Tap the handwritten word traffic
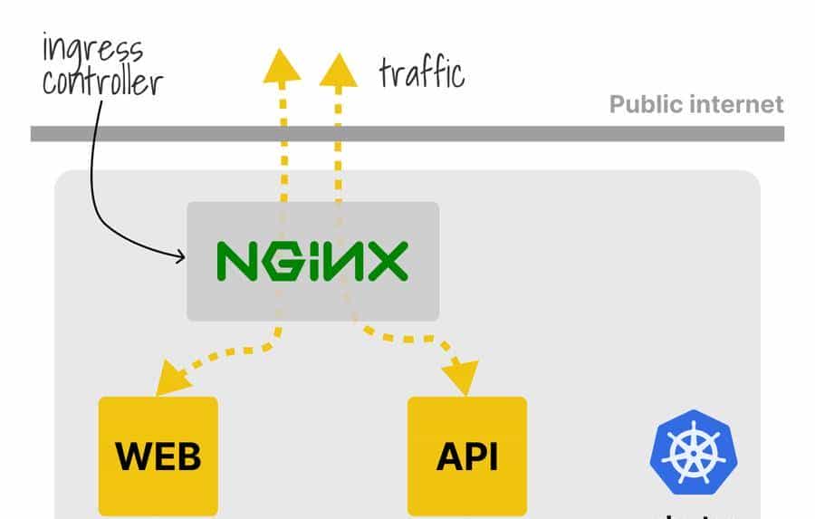coord(421,72)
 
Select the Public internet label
coord(695,104)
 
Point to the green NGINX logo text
coord(312,261)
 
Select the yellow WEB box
coord(158,456)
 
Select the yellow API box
coord(466,456)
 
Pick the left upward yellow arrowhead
coord(282,66)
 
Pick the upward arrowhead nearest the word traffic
coord(338,70)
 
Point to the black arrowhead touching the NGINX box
coord(180,257)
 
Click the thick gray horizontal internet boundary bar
coord(407,134)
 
